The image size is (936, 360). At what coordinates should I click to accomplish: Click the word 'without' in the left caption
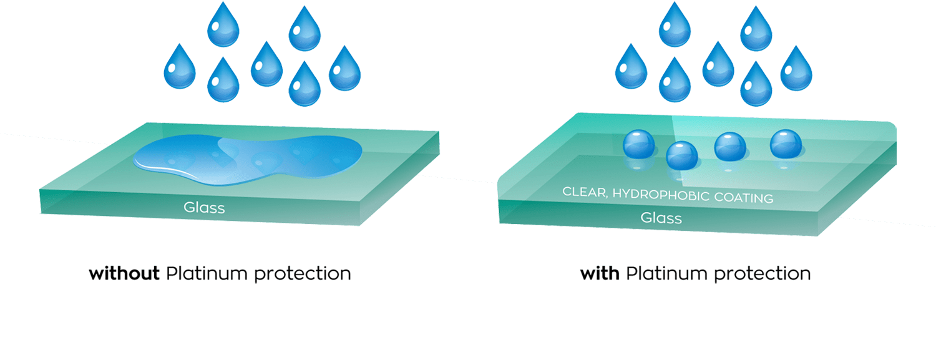[124, 273]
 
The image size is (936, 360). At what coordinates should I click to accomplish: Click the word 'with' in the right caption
[599, 273]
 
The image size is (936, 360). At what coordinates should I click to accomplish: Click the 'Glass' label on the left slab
[204, 208]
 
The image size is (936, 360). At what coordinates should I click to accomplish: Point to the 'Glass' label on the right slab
[661, 218]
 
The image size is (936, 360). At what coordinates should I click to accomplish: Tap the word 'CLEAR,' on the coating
[585, 192]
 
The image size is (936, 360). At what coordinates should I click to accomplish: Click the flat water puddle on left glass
[250, 159]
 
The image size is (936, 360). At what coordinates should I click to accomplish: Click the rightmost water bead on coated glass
[786, 144]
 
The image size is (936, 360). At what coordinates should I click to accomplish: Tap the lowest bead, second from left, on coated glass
[682, 155]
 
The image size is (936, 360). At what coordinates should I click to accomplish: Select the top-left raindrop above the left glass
[223, 25]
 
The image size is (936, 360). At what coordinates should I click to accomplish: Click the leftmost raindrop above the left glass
[180, 67]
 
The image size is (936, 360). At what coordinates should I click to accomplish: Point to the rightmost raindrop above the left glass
[344, 69]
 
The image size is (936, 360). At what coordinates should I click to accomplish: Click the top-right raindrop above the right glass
[756, 29]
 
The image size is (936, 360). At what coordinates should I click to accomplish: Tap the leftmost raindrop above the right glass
[631, 67]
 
